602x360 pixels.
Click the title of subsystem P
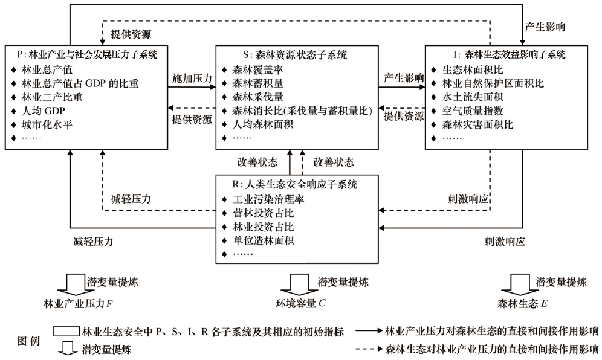pos(85,54)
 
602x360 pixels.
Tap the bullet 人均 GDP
pos(45,111)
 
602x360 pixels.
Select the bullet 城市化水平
pos(49,125)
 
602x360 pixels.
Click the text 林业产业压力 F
pos(79,302)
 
